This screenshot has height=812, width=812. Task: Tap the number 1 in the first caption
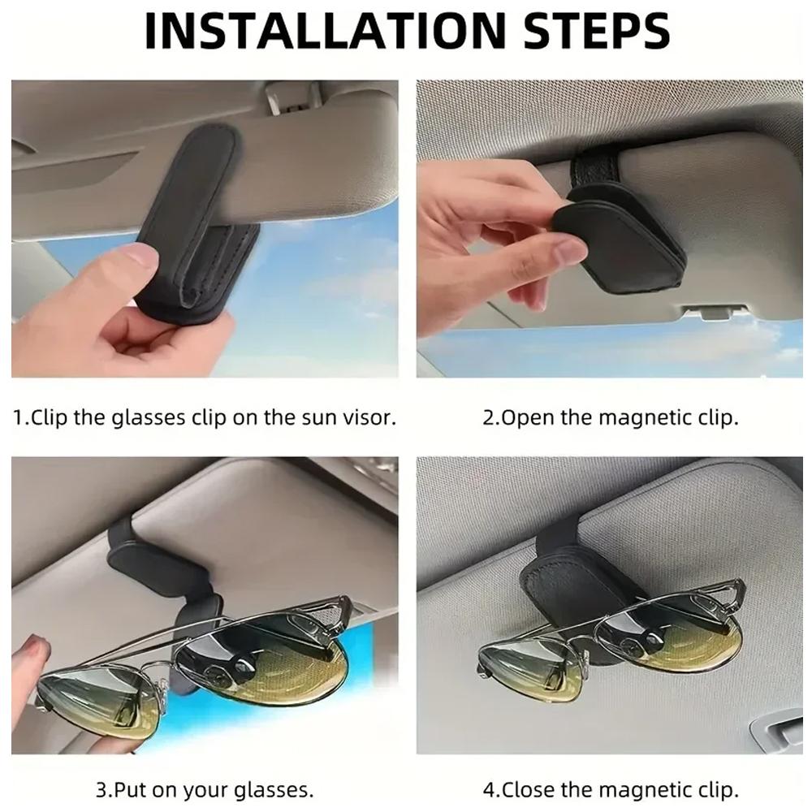tap(18, 418)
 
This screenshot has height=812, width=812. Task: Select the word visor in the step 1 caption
tap(371, 418)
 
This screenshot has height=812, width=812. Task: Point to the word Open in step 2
tap(525, 418)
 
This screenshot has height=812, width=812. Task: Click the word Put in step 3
tap(128, 789)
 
